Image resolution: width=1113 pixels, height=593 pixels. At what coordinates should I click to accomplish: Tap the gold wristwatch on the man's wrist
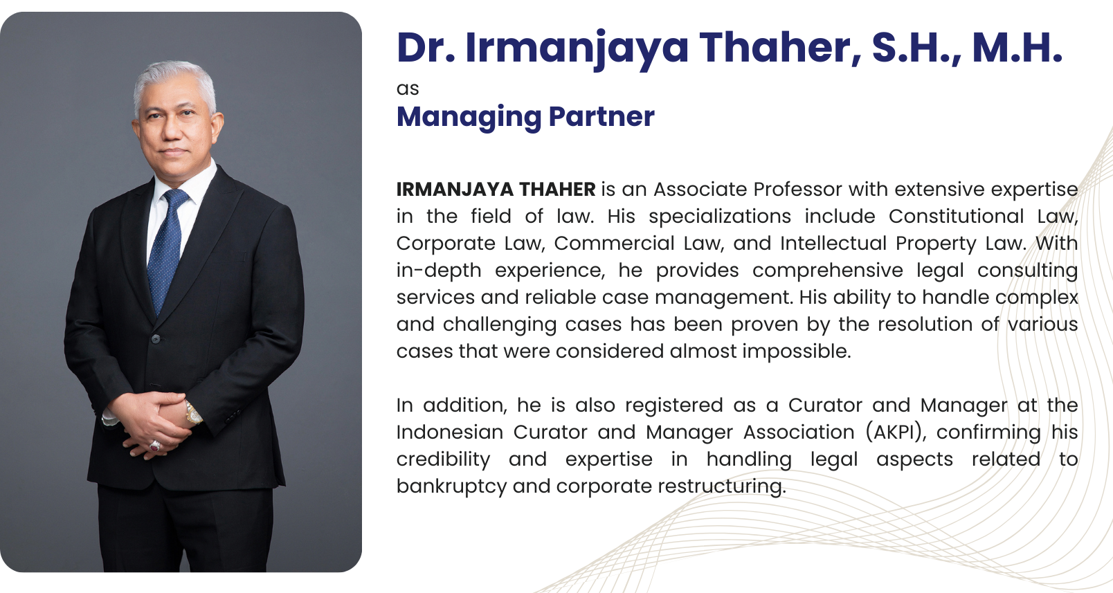(x=193, y=413)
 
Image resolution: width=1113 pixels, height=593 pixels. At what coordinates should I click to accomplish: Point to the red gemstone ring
(x=155, y=446)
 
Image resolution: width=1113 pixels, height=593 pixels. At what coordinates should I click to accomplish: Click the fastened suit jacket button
(x=156, y=339)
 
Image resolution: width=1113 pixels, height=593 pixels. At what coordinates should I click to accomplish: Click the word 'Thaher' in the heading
(x=780, y=48)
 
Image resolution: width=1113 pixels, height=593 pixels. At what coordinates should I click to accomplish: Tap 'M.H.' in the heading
(x=1017, y=48)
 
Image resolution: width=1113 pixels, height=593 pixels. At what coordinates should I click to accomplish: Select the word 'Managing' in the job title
(x=469, y=118)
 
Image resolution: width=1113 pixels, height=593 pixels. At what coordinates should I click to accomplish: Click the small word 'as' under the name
(x=408, y=89)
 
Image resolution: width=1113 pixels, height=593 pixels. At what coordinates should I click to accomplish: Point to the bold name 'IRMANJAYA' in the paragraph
(x=455, y=189)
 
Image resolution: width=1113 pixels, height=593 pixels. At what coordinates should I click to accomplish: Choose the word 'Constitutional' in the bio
(x=956, y=217)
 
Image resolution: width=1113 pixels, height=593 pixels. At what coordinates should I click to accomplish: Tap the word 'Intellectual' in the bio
(x=833, y=244)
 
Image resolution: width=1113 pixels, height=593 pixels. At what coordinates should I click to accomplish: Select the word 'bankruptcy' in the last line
(x=452, y=486)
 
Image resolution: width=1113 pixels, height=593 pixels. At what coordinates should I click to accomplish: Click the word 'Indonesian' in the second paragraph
(x=450, y=432)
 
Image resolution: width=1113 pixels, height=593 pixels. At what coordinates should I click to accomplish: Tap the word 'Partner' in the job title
(x=601, y=117)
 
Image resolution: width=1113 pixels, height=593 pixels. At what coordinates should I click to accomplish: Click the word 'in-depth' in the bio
(x=439, y=271)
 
